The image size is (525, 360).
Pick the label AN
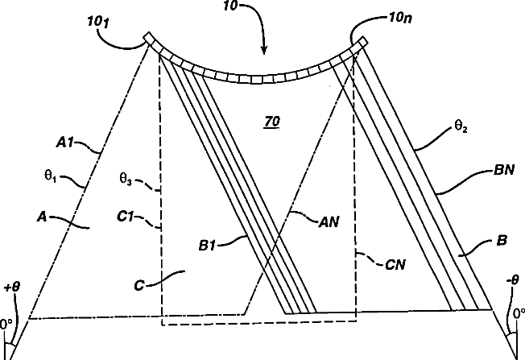(327, 217)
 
